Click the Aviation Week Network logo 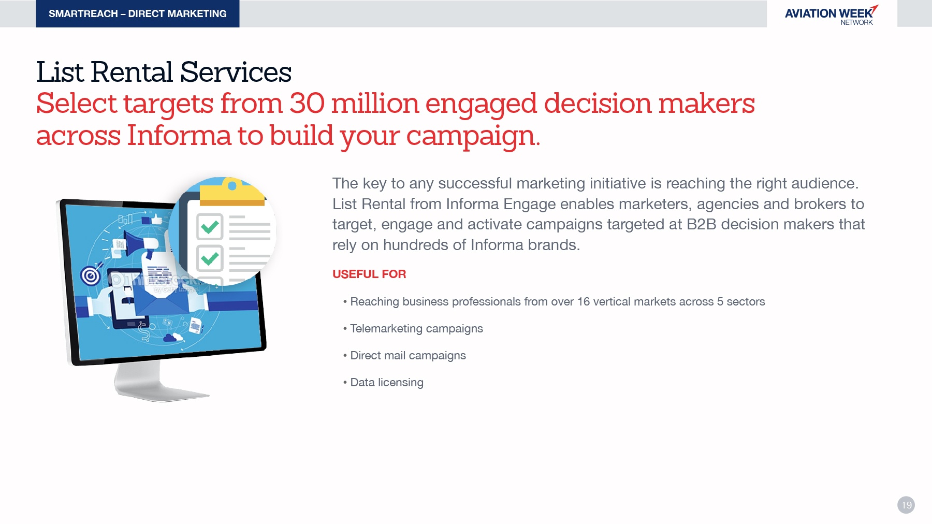tap(831, 15)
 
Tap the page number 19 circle tap(906, 505)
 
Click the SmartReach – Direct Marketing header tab tap(138, 13)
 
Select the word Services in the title tap(236, 72)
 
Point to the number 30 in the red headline tap(307, 103)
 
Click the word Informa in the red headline tap(179, 136)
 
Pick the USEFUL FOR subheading tap(369, 274)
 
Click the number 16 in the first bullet tap(584, 301)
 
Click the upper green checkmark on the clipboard tap(210, 227)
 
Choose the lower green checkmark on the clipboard tap(210, 258)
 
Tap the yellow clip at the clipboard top tap(232, 192)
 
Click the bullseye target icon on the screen tap(91, 276)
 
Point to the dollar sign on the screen tap(145, 332)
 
